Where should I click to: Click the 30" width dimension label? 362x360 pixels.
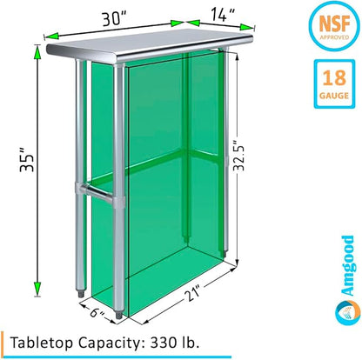pos(116,19)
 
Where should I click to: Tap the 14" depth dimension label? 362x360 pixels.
pos(223,15)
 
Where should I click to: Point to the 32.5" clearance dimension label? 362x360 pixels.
pos(239,156)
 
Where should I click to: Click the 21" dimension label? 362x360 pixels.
pos(192,294)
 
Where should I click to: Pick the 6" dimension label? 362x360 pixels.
pos(97,313)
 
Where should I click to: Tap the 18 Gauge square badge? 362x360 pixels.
pos(334,84)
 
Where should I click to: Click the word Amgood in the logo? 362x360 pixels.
pos(347,265)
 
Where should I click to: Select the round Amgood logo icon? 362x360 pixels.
pos(347,313)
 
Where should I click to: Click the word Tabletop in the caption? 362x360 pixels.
pos(42,343)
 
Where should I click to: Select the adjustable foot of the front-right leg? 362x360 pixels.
pos(119,315)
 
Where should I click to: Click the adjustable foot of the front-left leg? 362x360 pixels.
pos(81,293)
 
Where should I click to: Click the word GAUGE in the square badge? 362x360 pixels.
pos(334,96)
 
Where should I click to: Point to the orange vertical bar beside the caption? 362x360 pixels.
pos(3,343)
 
